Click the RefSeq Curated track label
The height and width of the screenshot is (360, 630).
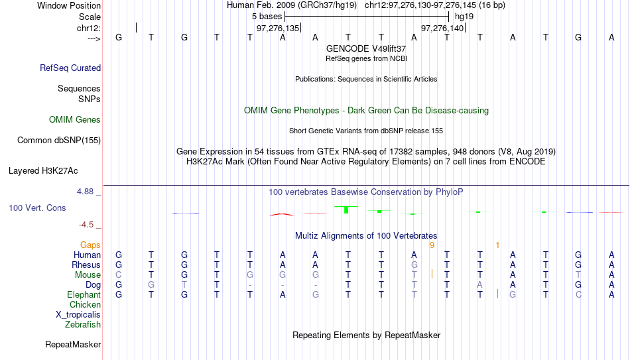click(x=70, y=68)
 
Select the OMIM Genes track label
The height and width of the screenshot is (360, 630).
click(x=75, y=120)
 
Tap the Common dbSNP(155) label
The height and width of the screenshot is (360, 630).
click(x=59, y=141)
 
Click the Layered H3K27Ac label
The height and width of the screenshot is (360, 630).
click(x=43, y=171)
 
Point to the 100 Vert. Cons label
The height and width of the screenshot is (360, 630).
click(x=37, y=208)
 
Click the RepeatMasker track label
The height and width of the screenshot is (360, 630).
click(x=73, y=344)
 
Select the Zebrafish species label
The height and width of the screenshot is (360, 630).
click(x=83, y=324)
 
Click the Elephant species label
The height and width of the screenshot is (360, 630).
click(x=84, y=294)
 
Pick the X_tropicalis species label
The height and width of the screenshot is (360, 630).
click(x=78, y=315)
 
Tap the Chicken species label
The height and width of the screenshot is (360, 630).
click(x=85, y=304)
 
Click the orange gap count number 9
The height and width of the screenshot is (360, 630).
click(x=432, y=245)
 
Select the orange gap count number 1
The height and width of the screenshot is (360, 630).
click(x=497, y=245)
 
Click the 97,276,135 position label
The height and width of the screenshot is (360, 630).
click(x=278, y=28)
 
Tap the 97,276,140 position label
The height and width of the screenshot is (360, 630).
click(x=442, y=28)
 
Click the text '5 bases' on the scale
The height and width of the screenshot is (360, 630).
click(x=267, y=17)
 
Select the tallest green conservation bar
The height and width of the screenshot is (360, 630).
click(x=346, y=210)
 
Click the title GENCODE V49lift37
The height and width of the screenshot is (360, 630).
click(x=366, y=48)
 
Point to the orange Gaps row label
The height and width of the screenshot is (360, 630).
click(x=90, y=245)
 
